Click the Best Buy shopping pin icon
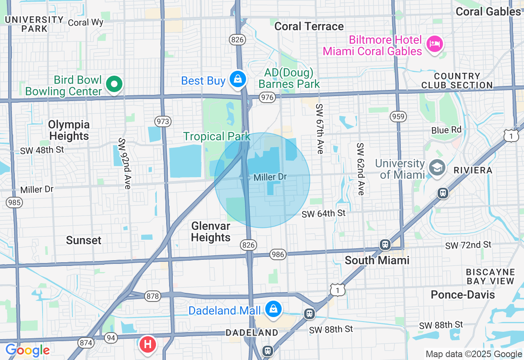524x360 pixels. click(x=237, y=79)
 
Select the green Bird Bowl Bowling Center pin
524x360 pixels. click(x=114, y=84)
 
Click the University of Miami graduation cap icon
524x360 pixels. click(x=437, y=168)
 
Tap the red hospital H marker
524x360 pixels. click(x=148, y=344)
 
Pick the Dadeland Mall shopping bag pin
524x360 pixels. click(x=273, y=309)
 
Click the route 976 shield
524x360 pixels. click(x=267, y=97)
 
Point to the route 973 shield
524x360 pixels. click(x=163, y=122)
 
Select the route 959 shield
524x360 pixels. click(x=398, y=117)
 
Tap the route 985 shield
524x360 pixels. click(x=14, y=202)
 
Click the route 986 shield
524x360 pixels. click(x=278, y=254)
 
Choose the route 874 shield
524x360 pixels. click(x=86, y=342)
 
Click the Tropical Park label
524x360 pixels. click(x=217, y=136)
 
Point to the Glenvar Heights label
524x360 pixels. click(x=211, y=232)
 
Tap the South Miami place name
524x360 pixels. click(x=377, y=260)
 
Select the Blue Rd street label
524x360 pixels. click(x=446, y=130)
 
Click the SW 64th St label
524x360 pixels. click(x=323, y=214)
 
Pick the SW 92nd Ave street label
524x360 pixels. click(x=124, y=163)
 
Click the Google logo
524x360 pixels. click(x=27, y=350)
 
